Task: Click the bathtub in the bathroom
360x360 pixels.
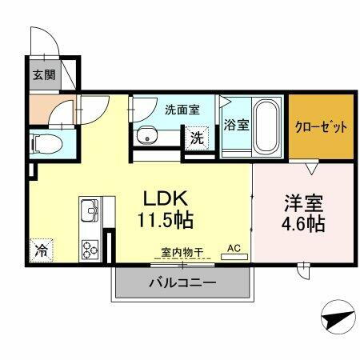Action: tap(265, 126)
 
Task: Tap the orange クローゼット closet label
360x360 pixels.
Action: tap(320, 126)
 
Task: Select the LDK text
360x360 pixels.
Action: tap(166, 197)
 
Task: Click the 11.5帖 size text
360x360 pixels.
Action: tap(166, 218)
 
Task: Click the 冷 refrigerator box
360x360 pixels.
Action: tap(40, 250)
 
